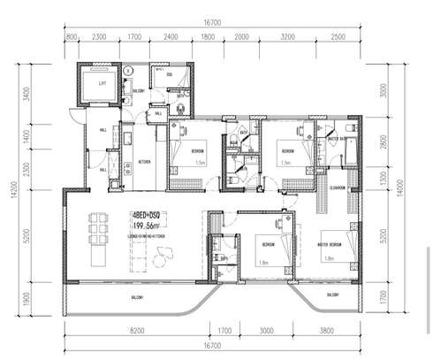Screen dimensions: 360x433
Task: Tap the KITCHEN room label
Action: pyautogui.click(x=144, y=162)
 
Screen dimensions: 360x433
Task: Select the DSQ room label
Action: pyautogui.click(x=170, y=75)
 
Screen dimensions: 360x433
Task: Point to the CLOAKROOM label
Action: pyautogui.click(x=338, y=188)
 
